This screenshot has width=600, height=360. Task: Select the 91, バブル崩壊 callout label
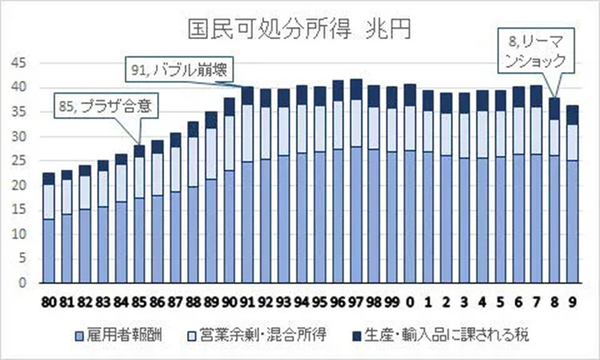coord(178,70)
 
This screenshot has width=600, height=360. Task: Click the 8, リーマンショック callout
coord(535,50)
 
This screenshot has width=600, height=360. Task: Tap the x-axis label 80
coord(49,302)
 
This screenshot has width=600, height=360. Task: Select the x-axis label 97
coord(355,302)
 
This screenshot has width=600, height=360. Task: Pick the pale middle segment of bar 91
coord(247,133)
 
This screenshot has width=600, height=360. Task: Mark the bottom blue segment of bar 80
coord(49,251)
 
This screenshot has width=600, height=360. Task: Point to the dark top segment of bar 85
coord(139,150)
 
